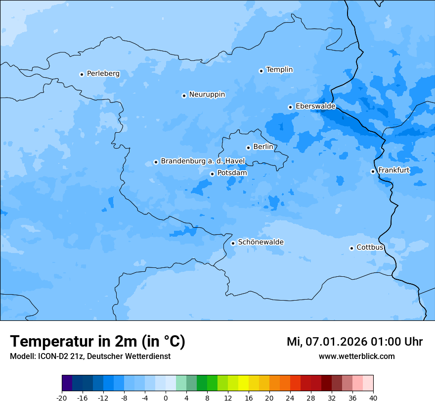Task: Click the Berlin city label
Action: click(263, 147)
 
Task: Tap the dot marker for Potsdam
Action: click(212, 174)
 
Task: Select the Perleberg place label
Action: click(103, 74)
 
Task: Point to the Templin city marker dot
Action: click(261, 71)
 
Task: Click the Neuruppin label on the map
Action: click(207, 95)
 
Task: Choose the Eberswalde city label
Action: click(315, 106)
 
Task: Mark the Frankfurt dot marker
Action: click(373, 171)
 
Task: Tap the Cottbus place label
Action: click(370, 247)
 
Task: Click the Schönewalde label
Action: click(261, 242)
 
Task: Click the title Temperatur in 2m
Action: click(97, 342)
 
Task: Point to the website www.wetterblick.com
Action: click(356, 356)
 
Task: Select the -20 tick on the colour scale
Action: click(62, 398)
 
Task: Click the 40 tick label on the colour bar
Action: click(373, 398)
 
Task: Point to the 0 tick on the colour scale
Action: click(166, 398)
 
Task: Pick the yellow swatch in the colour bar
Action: click(243, 384)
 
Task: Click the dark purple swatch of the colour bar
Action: click(67, 384)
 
